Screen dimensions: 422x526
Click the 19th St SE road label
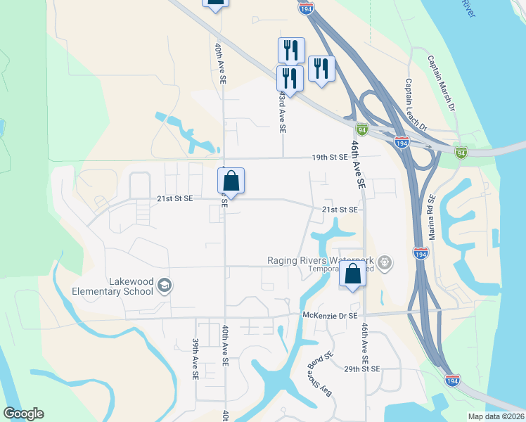pyautogui.click(x=330, y=158)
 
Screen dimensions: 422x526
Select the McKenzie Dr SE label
pyautogui.click(x=331, y=316)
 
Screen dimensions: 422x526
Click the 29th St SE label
pyautogui.click(x=362, y=369)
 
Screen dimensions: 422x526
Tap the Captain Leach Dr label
pyautogui.click(x=416, y=104)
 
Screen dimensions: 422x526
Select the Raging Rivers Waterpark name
pyautogui.click(x=319, y=260)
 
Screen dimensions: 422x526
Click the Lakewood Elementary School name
pyautogui.click(x=113, y=286)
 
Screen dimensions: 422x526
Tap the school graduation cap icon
pyautogui.click(x=165, y=286)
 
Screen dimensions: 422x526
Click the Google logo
pyautogui.click(x=24, y=414)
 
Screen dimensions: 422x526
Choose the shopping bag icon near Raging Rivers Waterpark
pyautogui.click(x=352, y=274)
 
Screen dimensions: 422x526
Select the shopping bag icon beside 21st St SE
pyautogui.click(x=231, y=181)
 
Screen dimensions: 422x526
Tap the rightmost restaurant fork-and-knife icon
pyautogui.click(x=321, y=69)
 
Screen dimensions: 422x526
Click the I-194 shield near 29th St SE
pyautogui.click(x=454, y=380)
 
